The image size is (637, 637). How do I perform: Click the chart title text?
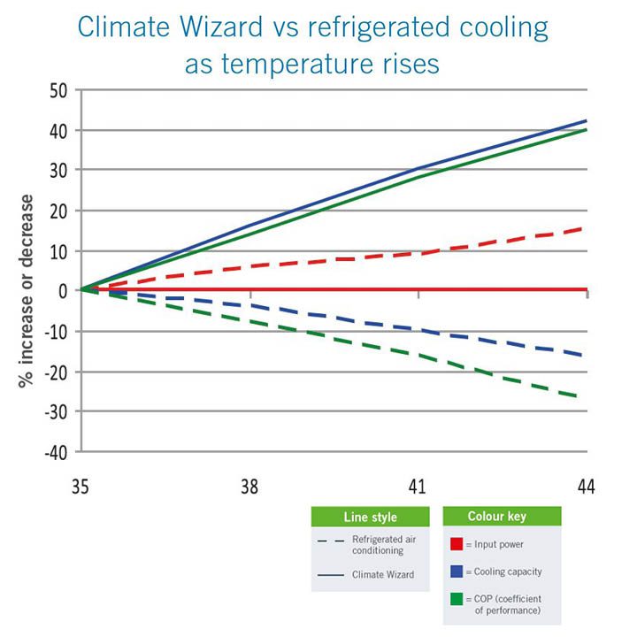click(313, 46)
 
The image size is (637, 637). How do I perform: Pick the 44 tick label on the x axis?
click(586, 487)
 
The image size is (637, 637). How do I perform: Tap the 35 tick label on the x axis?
click(81, 487)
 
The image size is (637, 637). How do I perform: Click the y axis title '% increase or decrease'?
click(26, 291)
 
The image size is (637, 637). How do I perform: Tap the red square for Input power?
click(456, 542)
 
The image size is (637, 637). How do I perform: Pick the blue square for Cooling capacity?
click(456, 572)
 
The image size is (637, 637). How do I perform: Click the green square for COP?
click(456, 602)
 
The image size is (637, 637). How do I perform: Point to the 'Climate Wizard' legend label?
click(382, 574)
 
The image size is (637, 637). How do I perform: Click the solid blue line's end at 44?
click(586, 121)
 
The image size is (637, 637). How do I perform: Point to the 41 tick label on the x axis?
click(418, 487)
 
